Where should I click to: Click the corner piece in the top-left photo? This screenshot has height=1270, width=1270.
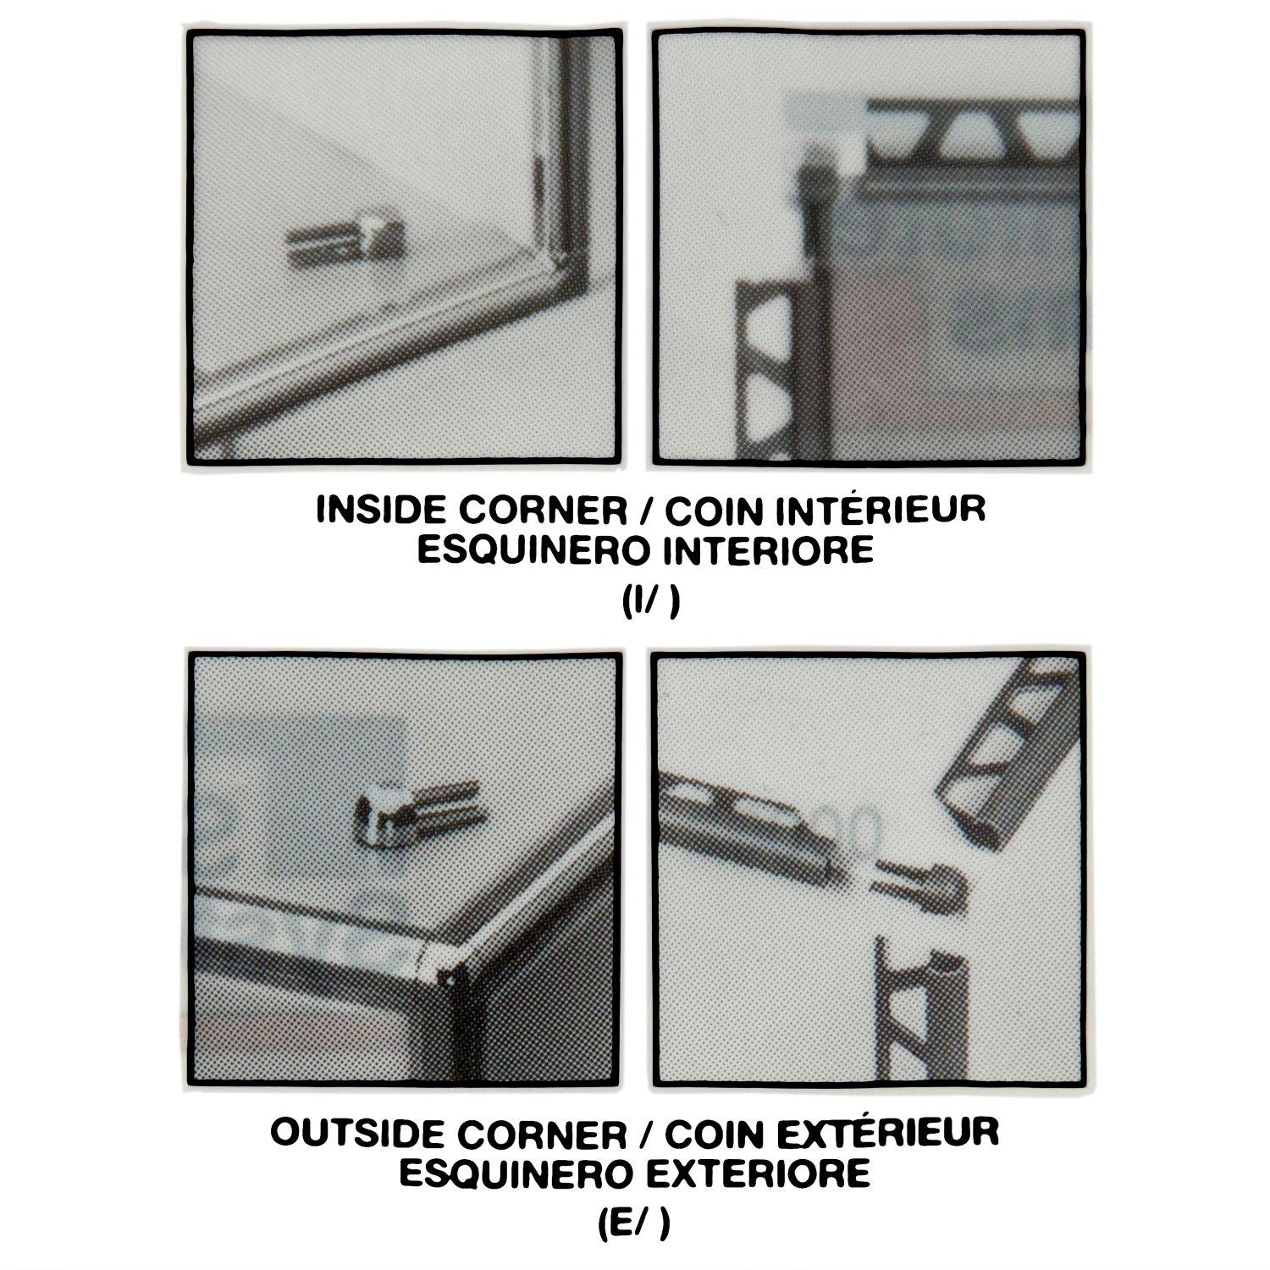click(342, 243)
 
